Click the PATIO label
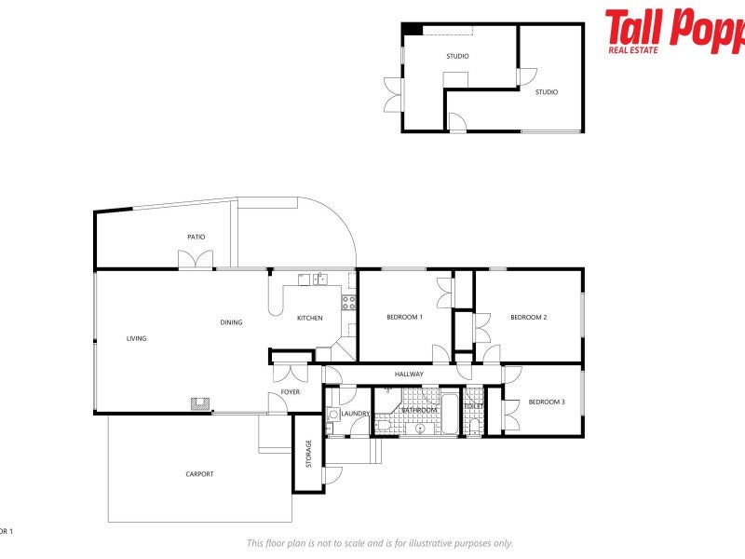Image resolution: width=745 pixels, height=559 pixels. tap(196, 237)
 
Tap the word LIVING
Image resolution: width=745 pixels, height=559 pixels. tap(137, 338)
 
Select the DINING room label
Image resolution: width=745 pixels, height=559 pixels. tap(231, 322)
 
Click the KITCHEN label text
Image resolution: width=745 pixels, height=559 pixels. tap(310, 318)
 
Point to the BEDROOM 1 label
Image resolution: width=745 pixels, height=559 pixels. tap(405, 318)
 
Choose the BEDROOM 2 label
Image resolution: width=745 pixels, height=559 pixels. tap(528, 318)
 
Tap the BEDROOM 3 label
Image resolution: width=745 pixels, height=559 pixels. tap(547, 402)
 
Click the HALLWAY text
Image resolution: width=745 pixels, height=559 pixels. tap(409, 375)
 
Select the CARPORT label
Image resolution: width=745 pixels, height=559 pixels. tap(199, 474)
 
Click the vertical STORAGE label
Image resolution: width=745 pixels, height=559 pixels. tap(309, 454)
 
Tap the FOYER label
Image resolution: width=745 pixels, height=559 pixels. tap(291, 392)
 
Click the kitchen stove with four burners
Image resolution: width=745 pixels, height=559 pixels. tap(349, 302)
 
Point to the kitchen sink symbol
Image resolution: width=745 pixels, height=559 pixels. tap(319, 279)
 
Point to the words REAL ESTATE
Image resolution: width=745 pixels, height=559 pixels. tap(633, 48)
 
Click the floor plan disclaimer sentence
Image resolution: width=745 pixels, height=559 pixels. tap(379, 543)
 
